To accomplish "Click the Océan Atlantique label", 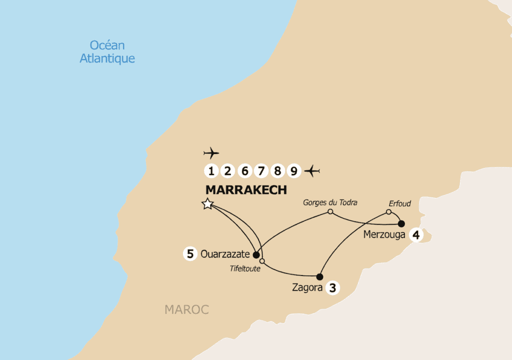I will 107,51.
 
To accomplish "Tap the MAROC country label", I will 186,310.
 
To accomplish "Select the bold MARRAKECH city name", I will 246,190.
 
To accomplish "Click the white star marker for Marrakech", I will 207,204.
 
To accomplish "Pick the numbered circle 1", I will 211,171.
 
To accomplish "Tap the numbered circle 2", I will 228,171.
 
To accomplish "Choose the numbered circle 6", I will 244,171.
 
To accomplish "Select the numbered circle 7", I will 261,171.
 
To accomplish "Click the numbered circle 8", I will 277,171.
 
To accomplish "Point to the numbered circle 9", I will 294,171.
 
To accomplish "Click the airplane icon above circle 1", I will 211,152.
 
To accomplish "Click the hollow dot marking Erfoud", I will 388,212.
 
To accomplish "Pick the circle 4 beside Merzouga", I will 416,234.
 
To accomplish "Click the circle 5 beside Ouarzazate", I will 189,254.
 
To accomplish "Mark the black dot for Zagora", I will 319,276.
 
